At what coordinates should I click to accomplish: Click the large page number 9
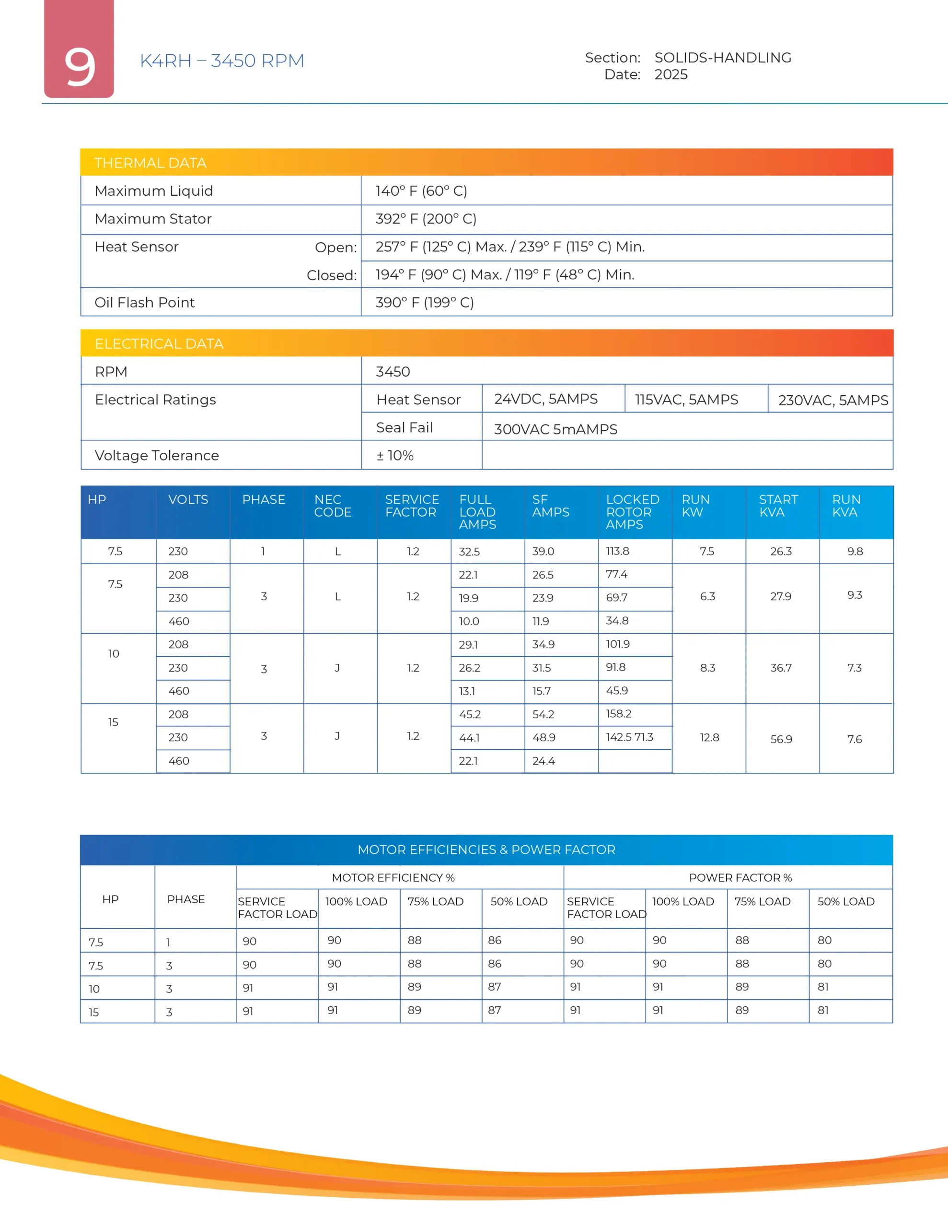coord(79,66)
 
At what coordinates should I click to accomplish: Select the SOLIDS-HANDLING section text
coord(723,58)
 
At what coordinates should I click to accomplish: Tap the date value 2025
coord(671,75)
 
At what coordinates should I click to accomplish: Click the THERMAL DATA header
coord(150,163)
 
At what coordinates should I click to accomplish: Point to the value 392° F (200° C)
coord(426,219)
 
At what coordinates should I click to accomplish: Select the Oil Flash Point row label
coord(144,303)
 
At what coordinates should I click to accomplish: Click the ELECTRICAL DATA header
coord(159,343)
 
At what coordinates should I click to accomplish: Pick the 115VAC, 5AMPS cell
coord(686,399)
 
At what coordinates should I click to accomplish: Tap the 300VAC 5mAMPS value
coord(555,429)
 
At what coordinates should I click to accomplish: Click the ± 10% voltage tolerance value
coord(394,455)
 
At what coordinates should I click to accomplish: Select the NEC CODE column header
coord(333,506)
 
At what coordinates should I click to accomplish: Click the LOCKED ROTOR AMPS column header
coord(632,512)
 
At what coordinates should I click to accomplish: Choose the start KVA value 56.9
coord(781,739)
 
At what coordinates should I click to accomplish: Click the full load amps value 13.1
coord(467,691)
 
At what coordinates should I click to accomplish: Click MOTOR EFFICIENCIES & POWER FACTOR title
coord(486,850)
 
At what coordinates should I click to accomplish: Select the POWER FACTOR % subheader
coord(740,878)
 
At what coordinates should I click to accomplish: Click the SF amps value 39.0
coord(543,552)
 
